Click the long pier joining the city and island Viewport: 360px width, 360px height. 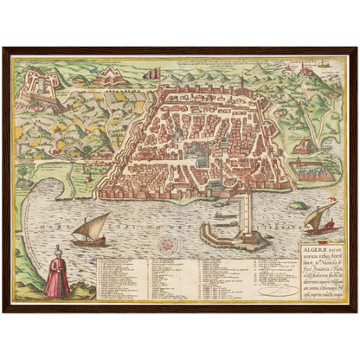[x=247, y=208]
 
